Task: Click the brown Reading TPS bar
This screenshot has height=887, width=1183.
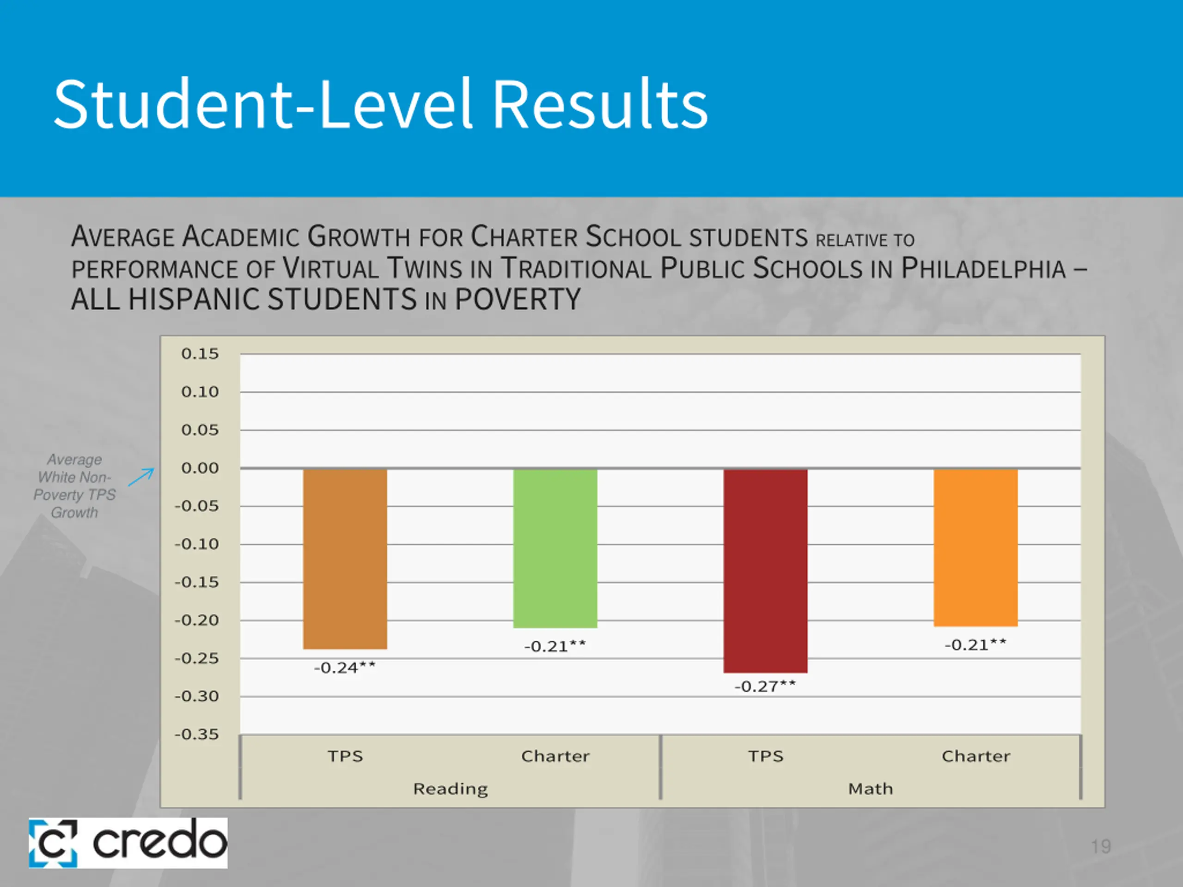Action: [345, 559]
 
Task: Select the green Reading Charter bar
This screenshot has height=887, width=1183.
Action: [555, 548]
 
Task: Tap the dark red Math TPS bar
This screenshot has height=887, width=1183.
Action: [765, 571]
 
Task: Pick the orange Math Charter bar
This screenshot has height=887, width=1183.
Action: [976, 547]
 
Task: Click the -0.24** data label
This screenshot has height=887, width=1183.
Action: [345, 668]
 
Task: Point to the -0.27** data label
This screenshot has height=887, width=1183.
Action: [765, 687]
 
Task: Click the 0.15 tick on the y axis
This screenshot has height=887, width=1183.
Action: [200, 354]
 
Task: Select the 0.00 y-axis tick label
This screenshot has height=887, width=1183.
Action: [200, 468]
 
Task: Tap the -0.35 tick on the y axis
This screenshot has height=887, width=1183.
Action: [197, 735]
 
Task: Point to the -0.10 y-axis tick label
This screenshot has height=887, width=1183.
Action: [197, 544]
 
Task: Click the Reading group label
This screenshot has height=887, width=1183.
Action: [450, 789]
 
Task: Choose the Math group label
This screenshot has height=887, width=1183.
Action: [871, 789]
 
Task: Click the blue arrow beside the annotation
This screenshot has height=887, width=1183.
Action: [142, 476]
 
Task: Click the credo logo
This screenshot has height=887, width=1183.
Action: [128, 843]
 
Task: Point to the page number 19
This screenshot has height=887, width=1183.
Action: [1101, 846]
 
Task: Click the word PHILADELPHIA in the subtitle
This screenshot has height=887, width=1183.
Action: [983, 268]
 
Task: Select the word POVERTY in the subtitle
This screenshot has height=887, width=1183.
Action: [518, 299]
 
